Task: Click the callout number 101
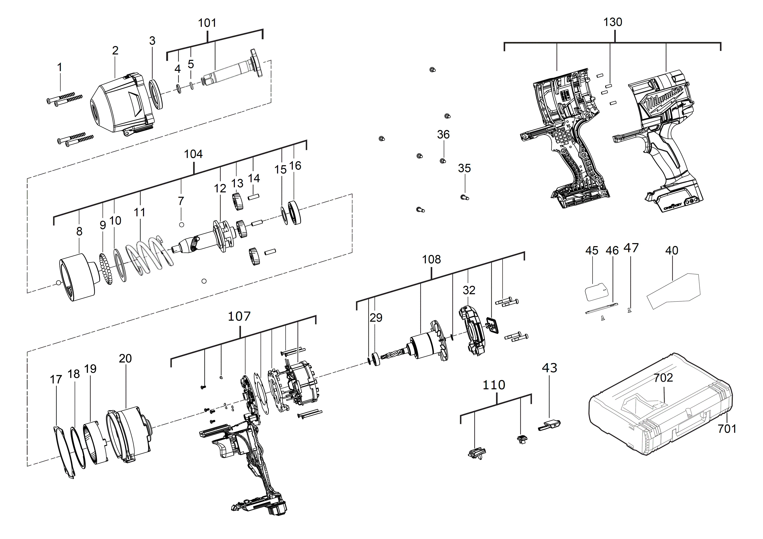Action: pyautogui.click(x=207, y=23)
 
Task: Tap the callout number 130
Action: pyautogui.click(x=612, y=22)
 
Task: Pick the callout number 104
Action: pyautogui.click(x=193, y=154)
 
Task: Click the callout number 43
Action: pyautogui.click(x=549, y=368)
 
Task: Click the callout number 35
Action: pyautogui.click(x=464, y=168)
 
